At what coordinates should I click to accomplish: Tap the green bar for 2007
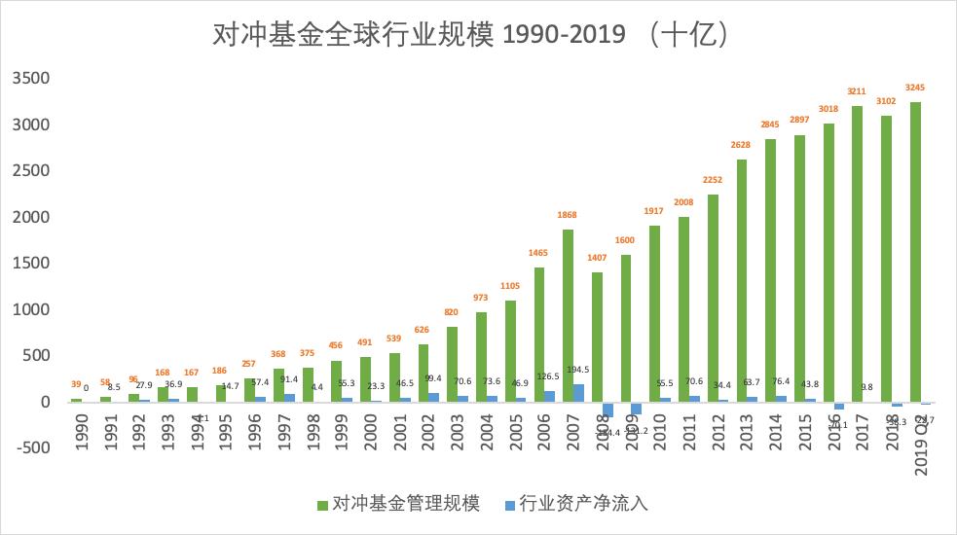click(568, 315)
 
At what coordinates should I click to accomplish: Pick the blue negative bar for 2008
click(607, 409)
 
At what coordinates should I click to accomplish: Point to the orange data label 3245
click(915, 88)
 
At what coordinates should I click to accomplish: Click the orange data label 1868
click(568, 216)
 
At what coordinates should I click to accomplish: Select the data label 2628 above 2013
click(742, 146)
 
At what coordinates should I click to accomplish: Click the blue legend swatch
click(510, 504)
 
